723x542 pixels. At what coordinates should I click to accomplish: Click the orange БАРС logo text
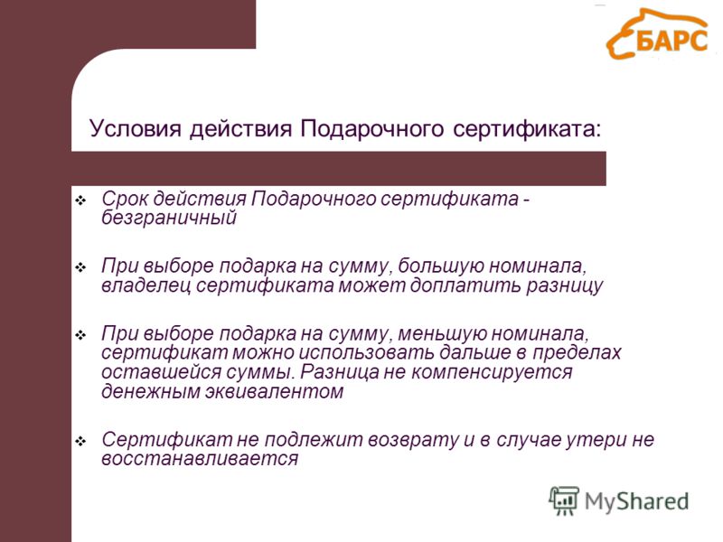point(671,40)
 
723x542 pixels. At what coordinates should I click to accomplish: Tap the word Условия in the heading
point(135,128)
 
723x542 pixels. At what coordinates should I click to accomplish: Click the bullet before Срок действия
point(80,201)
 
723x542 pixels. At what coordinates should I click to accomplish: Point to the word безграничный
point(169,217)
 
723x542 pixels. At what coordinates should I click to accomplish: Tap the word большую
point(440,266)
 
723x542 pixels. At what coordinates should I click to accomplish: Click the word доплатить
point(465,285)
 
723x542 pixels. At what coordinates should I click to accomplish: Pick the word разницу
point(564,286)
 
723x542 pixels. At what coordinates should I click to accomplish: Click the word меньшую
point(440,333)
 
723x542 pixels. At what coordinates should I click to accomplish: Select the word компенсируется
point(492,373)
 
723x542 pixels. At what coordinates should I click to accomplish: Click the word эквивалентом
point(275,392)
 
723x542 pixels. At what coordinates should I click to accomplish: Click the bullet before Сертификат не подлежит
point(80,442)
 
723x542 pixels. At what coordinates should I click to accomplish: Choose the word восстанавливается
point(200,459)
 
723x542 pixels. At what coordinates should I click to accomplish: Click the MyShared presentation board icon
point(564,500)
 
